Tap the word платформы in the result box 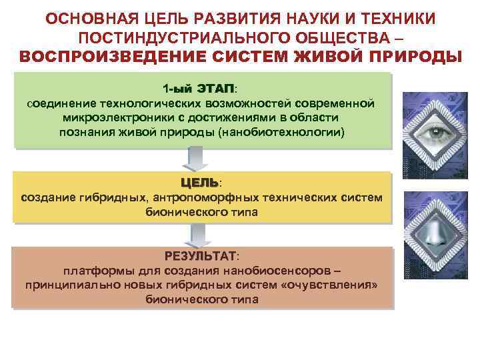pos(92,271)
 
